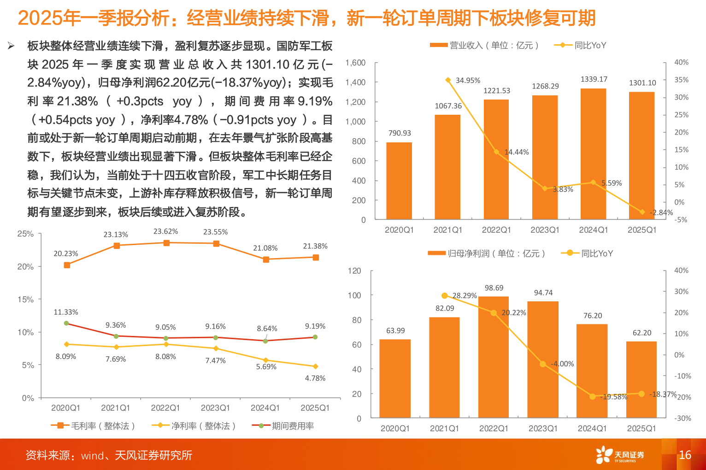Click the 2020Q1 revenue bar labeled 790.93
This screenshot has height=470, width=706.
399,181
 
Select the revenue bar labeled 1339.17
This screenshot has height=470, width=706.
593,153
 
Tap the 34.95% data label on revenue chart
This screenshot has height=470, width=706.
468,81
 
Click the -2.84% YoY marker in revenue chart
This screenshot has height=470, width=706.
642,212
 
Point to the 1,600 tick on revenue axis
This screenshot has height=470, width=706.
355,63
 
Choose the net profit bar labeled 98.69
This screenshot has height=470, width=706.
494,357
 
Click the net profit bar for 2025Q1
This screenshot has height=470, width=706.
641,380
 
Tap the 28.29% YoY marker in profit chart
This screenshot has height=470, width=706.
445,296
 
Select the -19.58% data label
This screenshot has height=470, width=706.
614,397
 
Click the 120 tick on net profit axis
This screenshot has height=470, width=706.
354,271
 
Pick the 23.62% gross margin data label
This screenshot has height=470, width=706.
165,232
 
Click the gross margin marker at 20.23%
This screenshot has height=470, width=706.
67,265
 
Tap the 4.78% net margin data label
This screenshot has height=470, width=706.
315,378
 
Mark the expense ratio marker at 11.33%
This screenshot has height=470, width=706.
66,323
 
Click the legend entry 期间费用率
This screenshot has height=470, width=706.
283,426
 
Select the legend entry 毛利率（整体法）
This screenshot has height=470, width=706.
93,426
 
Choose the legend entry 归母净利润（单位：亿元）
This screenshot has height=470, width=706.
487,253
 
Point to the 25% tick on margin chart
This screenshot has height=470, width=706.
25,234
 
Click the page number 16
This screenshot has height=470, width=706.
685,455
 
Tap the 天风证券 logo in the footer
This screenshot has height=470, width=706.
620,455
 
